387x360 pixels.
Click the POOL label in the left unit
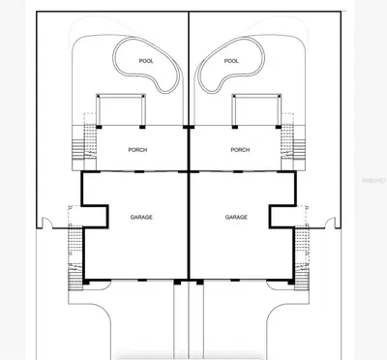coord(146,61)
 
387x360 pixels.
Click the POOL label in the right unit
coord(231,61)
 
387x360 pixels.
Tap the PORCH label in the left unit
coord(137,150)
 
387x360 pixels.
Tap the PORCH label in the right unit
coord(240,150)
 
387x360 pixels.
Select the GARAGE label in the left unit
coord(141,218)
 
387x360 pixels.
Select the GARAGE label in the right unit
coord(236,218)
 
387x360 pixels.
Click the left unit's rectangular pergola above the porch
coord(121,95)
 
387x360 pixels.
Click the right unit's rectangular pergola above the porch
coord(256,95)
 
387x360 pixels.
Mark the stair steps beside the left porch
coord(77,149)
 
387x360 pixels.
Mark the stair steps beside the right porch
coord(299,149)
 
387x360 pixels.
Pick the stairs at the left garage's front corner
coord(75,280)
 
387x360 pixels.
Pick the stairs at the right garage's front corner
coord(302,280)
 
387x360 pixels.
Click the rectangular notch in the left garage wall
coord(95,217)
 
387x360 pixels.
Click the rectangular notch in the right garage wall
coord(283,217)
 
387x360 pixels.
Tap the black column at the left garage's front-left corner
coord(86,282)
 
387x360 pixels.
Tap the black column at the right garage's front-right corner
coord(291,282)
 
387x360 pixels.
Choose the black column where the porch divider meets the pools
coord(189,127)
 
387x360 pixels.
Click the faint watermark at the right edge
coord(373,180)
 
